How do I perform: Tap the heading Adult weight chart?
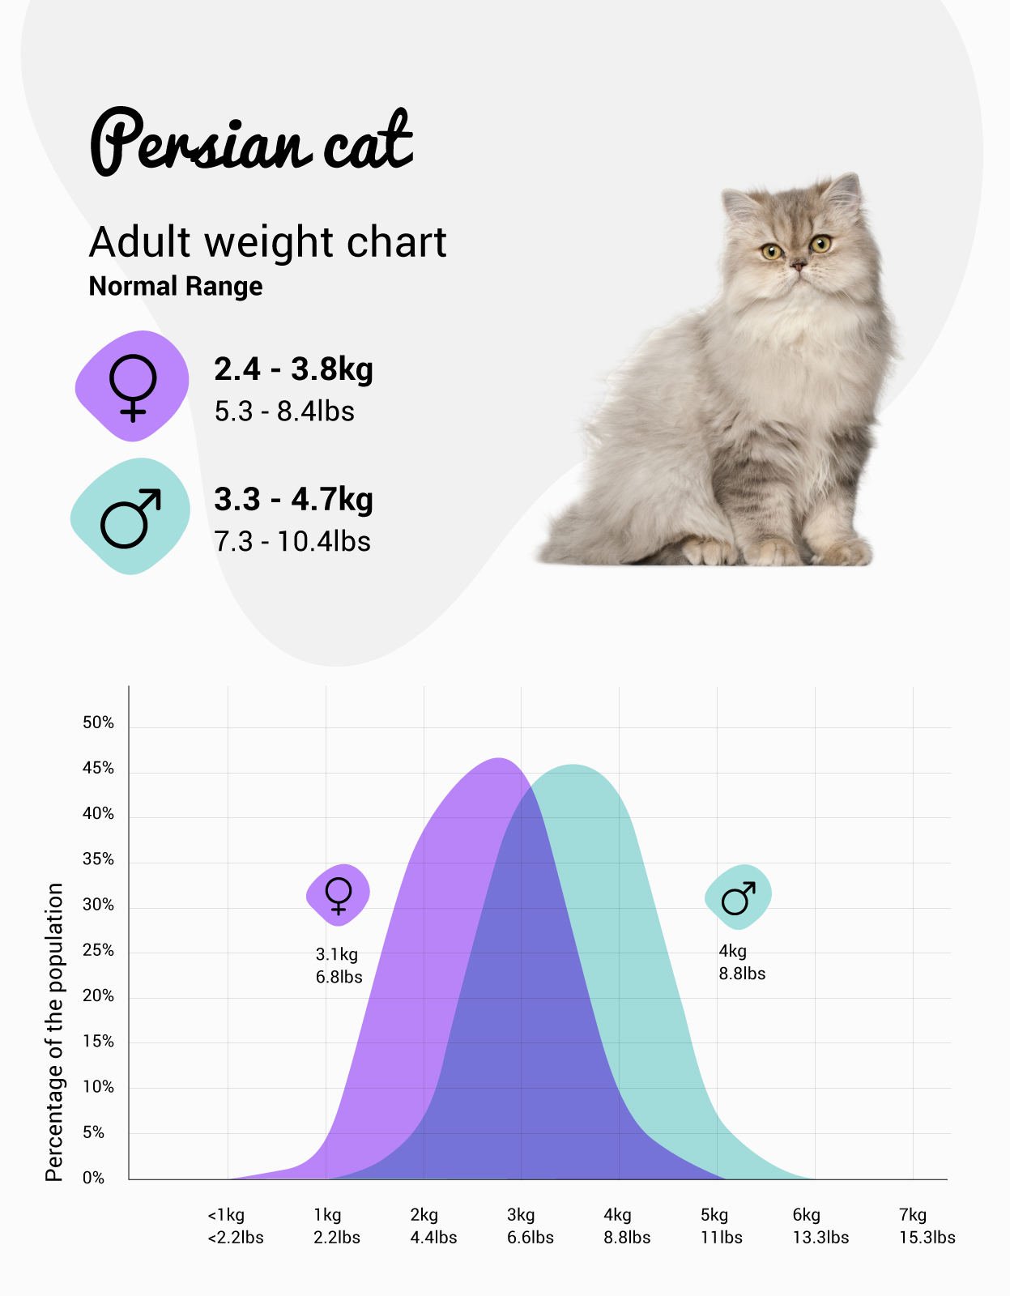pyautogui.click(x=267, y=242)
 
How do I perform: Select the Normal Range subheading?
pyautogui.click(x=176, y=287)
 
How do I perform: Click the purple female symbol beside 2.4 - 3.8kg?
pyautogui.click(x=132, y=386)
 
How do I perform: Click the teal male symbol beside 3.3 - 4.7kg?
pyautogui.click(x=130, y=517)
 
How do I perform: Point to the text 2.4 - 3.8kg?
pyautogui.click(x=293, y=369)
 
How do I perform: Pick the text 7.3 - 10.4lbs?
pyautogui.click(x=292, y=541)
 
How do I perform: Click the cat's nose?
pyautogui.click(x=798, y=265)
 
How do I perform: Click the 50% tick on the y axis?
pyautogui.click(x=98, y=723)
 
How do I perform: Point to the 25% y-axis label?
pyautogui.click(x=98, y=950)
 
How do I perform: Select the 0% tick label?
pyautogui.click(x=94, y=1178)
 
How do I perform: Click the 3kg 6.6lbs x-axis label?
pyautogui.click(x=530, y=1226)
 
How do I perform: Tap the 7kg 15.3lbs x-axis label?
pyautogui.click(x=927, y=1226)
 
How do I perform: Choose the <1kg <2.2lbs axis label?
pyautogui.click(x=235, y=1226)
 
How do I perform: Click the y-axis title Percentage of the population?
pyautogui.click(x=54, y=1032)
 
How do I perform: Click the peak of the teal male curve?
pyautogui.click(x=573, y=766)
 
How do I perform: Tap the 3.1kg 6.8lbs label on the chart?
pyautogui.click(x=339, y=966)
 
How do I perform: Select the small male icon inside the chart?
pyautogui.click(x=738, y=897)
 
